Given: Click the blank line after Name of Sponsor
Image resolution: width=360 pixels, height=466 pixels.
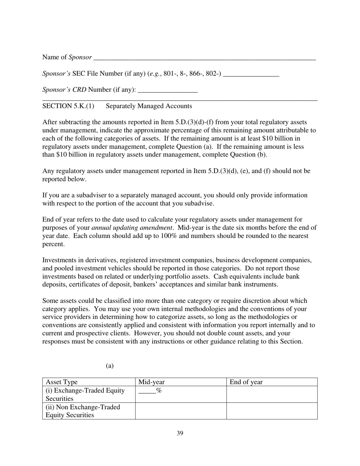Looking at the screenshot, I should tap(204, 58).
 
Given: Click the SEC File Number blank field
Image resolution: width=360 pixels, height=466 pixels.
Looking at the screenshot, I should tap(251, 74).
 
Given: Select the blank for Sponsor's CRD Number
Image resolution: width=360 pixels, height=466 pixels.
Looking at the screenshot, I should tap(168, 90).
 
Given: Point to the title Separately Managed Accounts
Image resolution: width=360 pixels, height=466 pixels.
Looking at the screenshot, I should tap(149, 106).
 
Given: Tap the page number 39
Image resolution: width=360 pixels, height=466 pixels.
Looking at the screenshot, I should tap(180, 433).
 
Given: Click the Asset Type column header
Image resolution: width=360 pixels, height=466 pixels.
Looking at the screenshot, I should tap(61, 382).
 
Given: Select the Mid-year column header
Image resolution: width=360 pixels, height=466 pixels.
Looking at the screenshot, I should tap(152, 382).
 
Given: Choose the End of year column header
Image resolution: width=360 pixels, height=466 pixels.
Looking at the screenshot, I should tap(246, 382).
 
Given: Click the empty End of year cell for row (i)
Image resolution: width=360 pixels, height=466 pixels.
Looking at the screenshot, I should tap(272, 394).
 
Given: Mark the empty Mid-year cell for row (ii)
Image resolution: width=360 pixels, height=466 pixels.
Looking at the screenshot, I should tap(181, 411).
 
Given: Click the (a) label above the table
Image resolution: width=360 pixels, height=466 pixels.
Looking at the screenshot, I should tap(110, 366).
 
